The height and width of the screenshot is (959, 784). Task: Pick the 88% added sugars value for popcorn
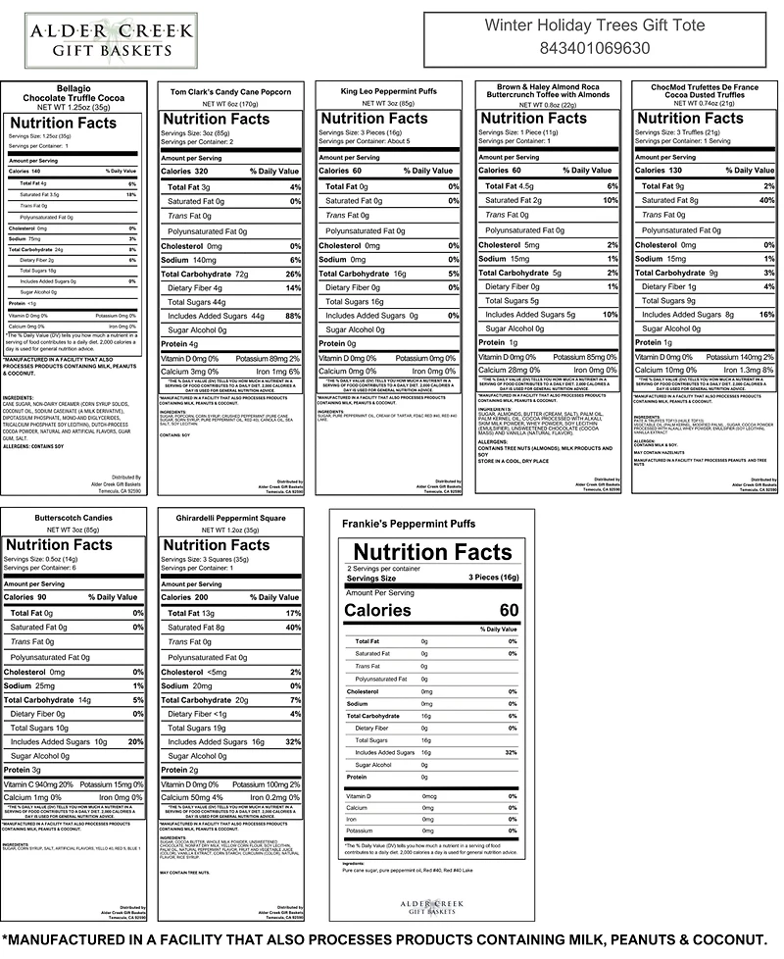pos(291,316)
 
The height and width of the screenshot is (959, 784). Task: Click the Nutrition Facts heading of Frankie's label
pos(432,552)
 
